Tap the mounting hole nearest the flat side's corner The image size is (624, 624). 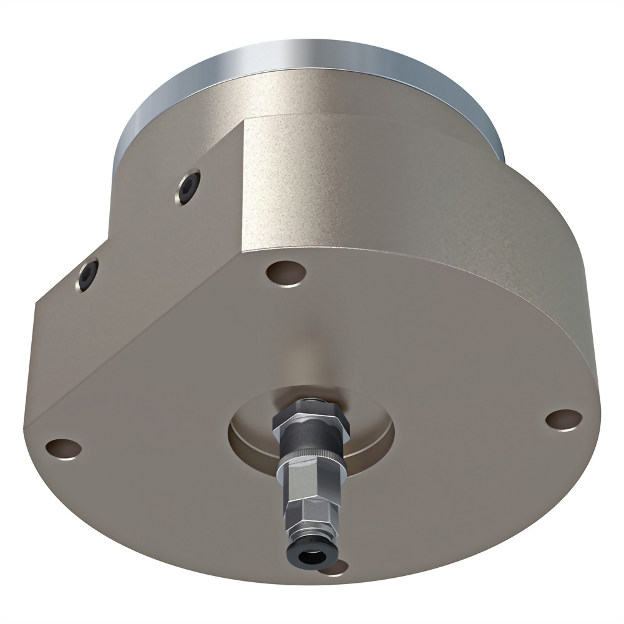point(285,272)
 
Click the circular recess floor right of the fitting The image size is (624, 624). point(371,437)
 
